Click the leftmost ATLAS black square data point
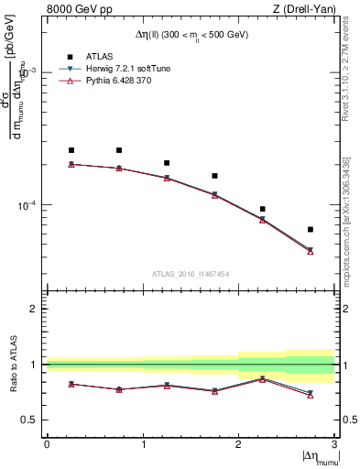tap(71, 150)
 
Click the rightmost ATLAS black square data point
tap(311, 229)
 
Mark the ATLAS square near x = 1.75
tap(214, 176)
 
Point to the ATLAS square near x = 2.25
tap(263, 209)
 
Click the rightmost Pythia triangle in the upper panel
tap(311, 251)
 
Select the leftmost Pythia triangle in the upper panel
tap(71, 164)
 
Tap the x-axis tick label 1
tap(143, 443)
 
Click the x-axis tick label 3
tap(333, 443)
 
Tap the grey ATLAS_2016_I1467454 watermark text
tap(191, 273)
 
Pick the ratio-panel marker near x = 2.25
tap(263, 378)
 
